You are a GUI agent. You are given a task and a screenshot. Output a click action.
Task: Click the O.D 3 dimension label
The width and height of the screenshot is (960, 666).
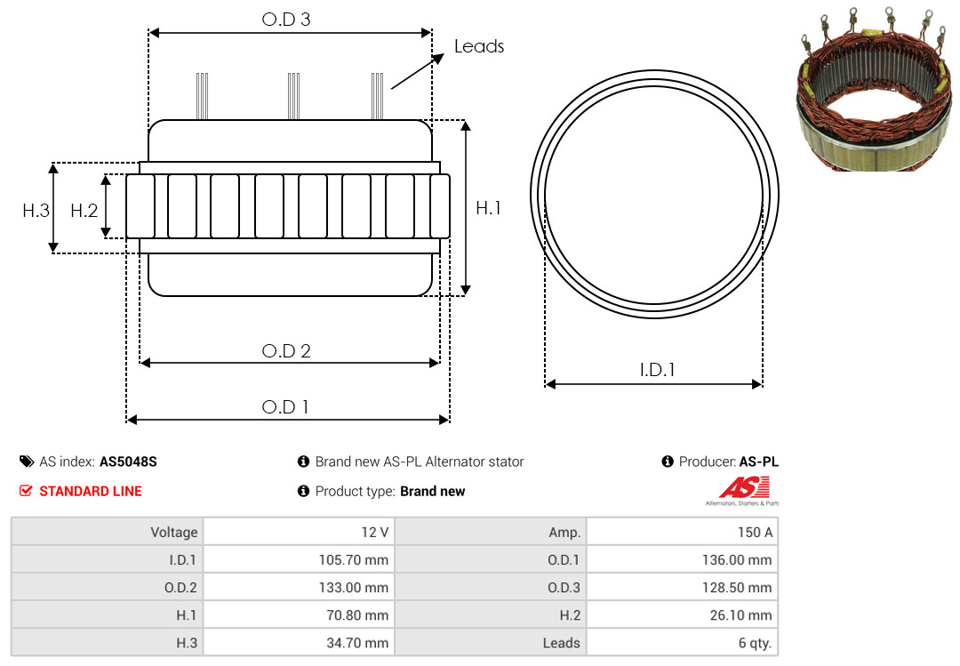(x=286, y=20)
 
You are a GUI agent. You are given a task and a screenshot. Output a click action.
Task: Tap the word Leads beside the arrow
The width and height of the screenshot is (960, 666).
(x=479, y=46)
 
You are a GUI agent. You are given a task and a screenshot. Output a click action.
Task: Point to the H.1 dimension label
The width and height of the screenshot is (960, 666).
(x=489, y=208)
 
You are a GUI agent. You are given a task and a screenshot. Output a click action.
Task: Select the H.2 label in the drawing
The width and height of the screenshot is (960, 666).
(x=84, y=211)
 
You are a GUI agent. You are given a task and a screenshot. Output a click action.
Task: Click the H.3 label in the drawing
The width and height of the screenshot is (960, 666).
(x=36, y=211)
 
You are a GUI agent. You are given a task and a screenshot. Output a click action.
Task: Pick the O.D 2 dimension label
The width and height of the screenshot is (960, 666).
(x=286, y=351)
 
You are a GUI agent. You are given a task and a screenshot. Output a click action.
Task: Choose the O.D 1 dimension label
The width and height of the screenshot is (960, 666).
(x=284, y=407)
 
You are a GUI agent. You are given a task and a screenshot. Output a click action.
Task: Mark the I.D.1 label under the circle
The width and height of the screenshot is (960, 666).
(x=657, y=370)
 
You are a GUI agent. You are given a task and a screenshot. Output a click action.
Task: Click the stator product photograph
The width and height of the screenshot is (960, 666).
(x=874, y=89)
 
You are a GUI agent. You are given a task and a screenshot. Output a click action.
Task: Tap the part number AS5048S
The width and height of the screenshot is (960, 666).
(x=128, y=462)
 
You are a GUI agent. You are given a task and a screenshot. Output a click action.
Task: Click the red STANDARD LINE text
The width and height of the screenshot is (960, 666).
(x=91, y=492)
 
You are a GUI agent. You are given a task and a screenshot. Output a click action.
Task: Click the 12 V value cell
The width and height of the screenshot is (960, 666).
(x=299, y=532)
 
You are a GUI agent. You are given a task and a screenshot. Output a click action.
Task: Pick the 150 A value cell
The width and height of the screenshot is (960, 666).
(x=682, y=532)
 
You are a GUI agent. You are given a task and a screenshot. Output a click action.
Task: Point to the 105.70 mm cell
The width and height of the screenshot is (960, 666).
(x=299, y=559)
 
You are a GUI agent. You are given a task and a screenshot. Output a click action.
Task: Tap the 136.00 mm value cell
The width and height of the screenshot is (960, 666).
(x=682, y=559)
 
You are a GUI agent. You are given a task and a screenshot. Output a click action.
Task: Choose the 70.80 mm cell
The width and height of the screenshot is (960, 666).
(x=299, y=615)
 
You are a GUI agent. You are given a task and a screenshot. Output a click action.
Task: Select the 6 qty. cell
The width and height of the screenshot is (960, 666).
(x=682, y=643)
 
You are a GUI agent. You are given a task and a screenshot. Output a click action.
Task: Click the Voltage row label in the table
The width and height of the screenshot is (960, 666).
(x=174, y=533)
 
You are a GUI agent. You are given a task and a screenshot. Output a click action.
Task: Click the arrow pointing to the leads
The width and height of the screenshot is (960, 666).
(x=418, y=71)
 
